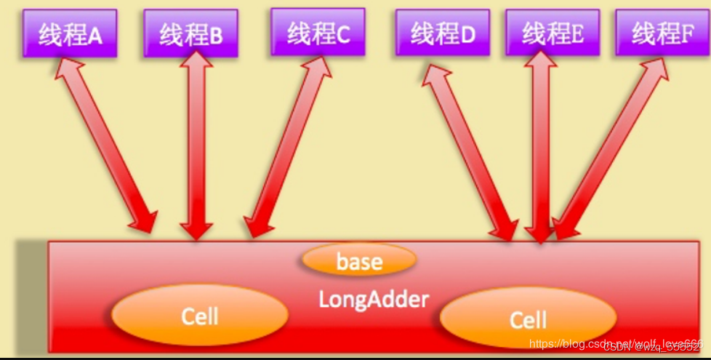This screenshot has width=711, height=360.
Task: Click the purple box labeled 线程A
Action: pos(70,33)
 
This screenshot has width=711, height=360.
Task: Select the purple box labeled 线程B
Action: pos(190,33)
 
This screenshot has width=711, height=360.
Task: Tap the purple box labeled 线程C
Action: pos(318,31)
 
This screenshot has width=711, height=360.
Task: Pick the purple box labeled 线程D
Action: pos(442,32)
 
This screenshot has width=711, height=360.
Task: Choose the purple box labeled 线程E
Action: pos(553,32)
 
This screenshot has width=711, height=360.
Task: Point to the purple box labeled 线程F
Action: pos(662,32)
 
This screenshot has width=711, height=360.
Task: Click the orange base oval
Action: pos(359,260)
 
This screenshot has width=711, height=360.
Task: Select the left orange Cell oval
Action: pos(200,317)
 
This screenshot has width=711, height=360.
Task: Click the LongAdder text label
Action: pos(374,298)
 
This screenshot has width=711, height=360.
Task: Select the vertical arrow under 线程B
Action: pos(196,145)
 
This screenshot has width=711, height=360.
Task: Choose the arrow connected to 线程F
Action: pos(611,145)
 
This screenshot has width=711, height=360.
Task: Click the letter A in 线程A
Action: pos(95,35)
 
